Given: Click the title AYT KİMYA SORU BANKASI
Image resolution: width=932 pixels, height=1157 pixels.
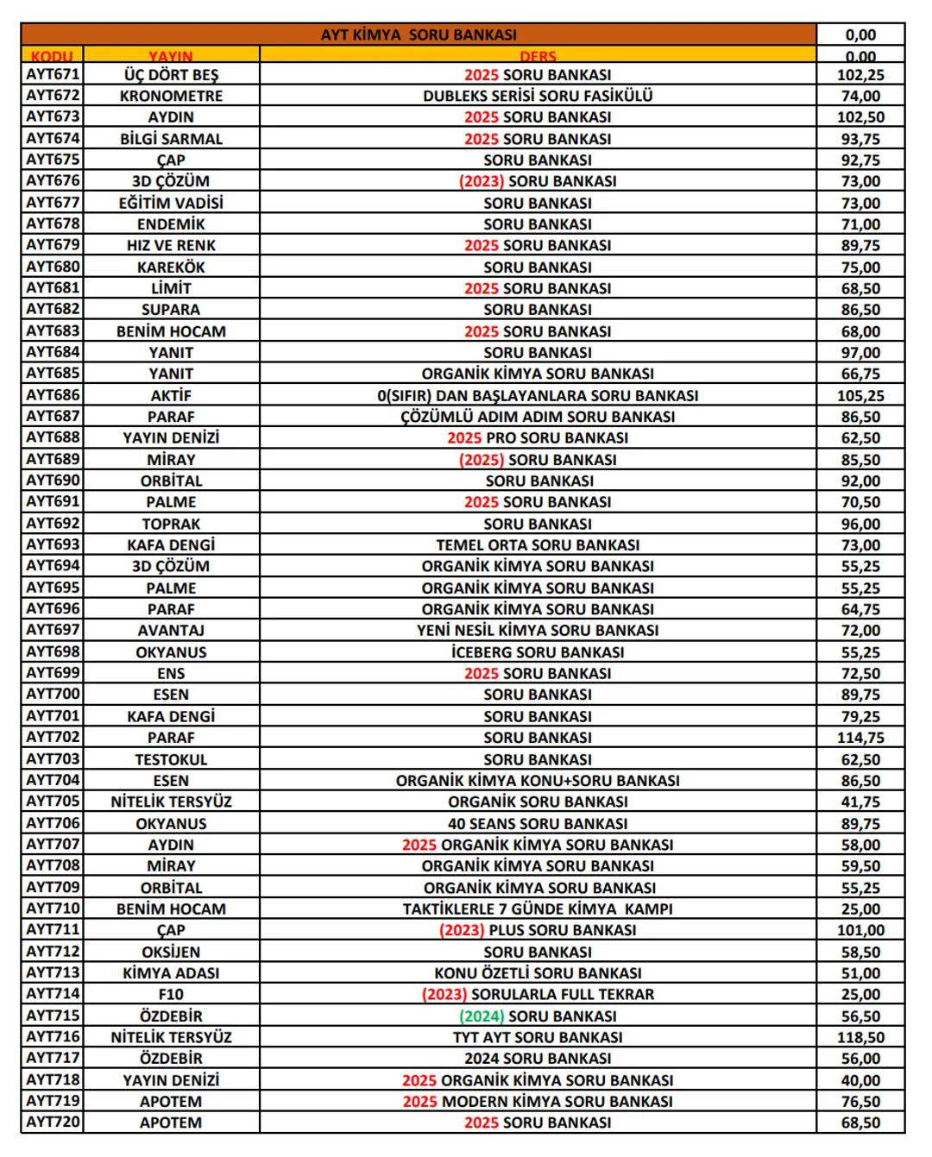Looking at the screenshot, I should click(419, 35).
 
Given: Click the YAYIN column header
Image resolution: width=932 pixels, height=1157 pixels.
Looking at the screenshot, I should click(171, 56).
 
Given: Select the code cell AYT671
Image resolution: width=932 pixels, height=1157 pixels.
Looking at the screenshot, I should click(53, 74).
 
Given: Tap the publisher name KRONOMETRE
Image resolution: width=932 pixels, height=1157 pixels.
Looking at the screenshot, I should click(171, 96).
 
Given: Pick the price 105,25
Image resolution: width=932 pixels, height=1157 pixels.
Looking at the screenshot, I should click(860, 395).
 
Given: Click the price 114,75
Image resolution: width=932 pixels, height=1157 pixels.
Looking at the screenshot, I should click(860, 738).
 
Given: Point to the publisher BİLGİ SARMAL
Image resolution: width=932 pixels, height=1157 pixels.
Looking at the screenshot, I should click(171, 139).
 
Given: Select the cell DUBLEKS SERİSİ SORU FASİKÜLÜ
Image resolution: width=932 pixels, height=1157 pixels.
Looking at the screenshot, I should click(538, 96).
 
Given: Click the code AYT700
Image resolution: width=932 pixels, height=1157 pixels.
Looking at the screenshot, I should click(53, 695).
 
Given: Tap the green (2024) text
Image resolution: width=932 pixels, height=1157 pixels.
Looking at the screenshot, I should click(482, 1016).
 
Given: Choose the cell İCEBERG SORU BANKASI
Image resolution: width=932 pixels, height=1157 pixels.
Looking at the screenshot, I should click(538, 652).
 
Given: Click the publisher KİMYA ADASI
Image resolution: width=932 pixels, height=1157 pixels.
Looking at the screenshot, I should click(171, 973).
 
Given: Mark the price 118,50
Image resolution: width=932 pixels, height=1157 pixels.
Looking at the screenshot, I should click(860, 1037).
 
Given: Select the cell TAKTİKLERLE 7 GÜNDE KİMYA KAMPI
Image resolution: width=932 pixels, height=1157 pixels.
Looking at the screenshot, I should click(538, 909).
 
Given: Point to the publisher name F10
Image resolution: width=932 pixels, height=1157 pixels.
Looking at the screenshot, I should click(171, 994).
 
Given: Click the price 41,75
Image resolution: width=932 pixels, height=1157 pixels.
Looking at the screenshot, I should click(860, 802).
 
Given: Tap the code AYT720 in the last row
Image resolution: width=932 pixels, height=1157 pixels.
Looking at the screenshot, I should click(53, 1122).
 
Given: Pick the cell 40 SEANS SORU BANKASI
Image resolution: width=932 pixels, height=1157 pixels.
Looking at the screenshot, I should click(538, 823).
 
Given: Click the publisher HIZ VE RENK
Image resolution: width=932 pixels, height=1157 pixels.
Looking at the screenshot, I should click(171, 246).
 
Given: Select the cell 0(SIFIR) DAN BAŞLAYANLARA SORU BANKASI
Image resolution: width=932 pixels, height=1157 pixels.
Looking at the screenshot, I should click(538, 395).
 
